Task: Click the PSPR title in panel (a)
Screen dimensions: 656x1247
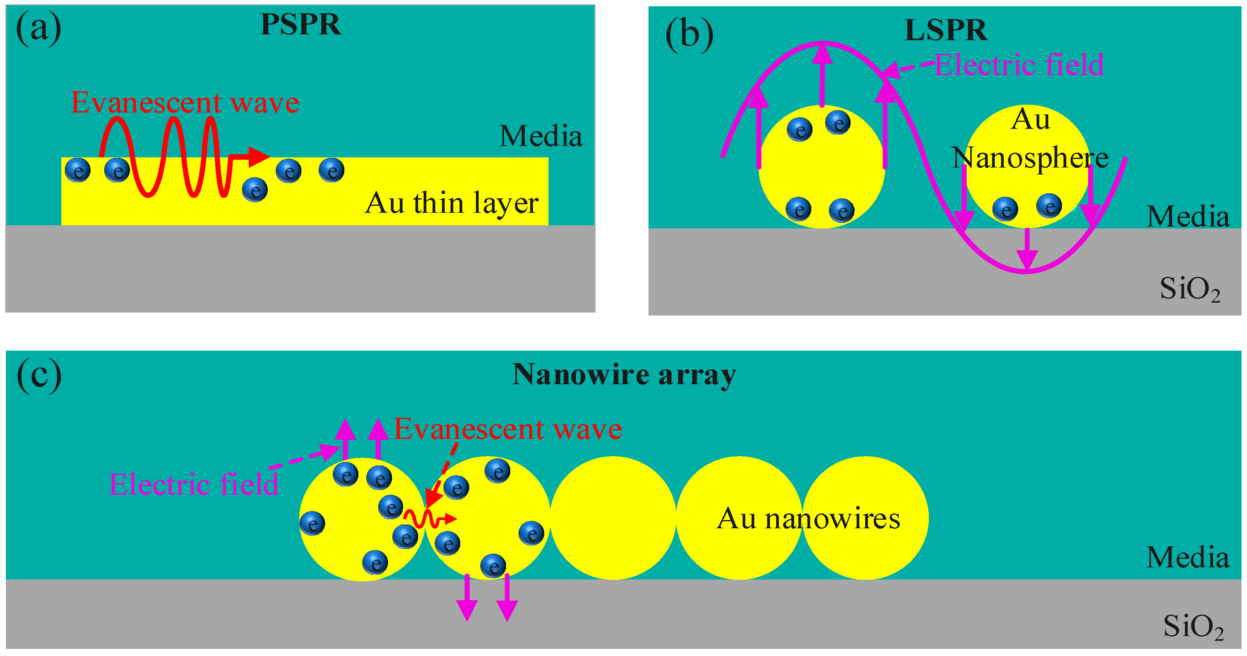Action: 301,24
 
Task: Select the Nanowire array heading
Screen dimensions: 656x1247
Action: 624,374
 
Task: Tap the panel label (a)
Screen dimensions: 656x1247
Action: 39,28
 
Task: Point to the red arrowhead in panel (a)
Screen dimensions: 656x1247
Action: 258,156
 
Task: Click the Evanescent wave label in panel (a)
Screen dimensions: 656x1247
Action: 185,103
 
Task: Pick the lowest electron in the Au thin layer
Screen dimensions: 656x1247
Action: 255,190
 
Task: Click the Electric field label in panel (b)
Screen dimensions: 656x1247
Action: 1019,65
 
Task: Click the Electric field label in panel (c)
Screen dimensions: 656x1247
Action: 194,484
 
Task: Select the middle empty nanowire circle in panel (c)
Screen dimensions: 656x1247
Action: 613,518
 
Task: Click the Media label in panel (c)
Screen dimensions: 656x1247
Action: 1187,557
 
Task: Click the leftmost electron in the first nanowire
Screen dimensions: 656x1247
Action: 312,523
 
